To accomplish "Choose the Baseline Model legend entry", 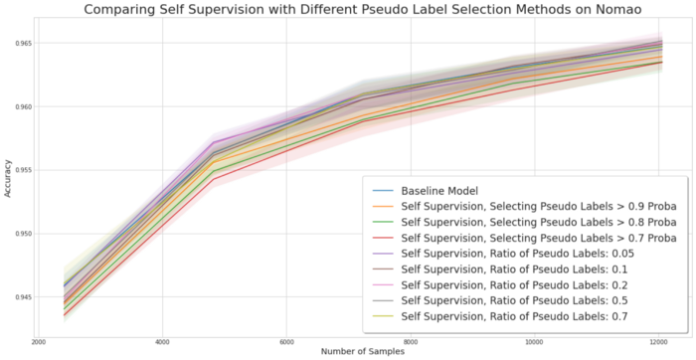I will (447, 190).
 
